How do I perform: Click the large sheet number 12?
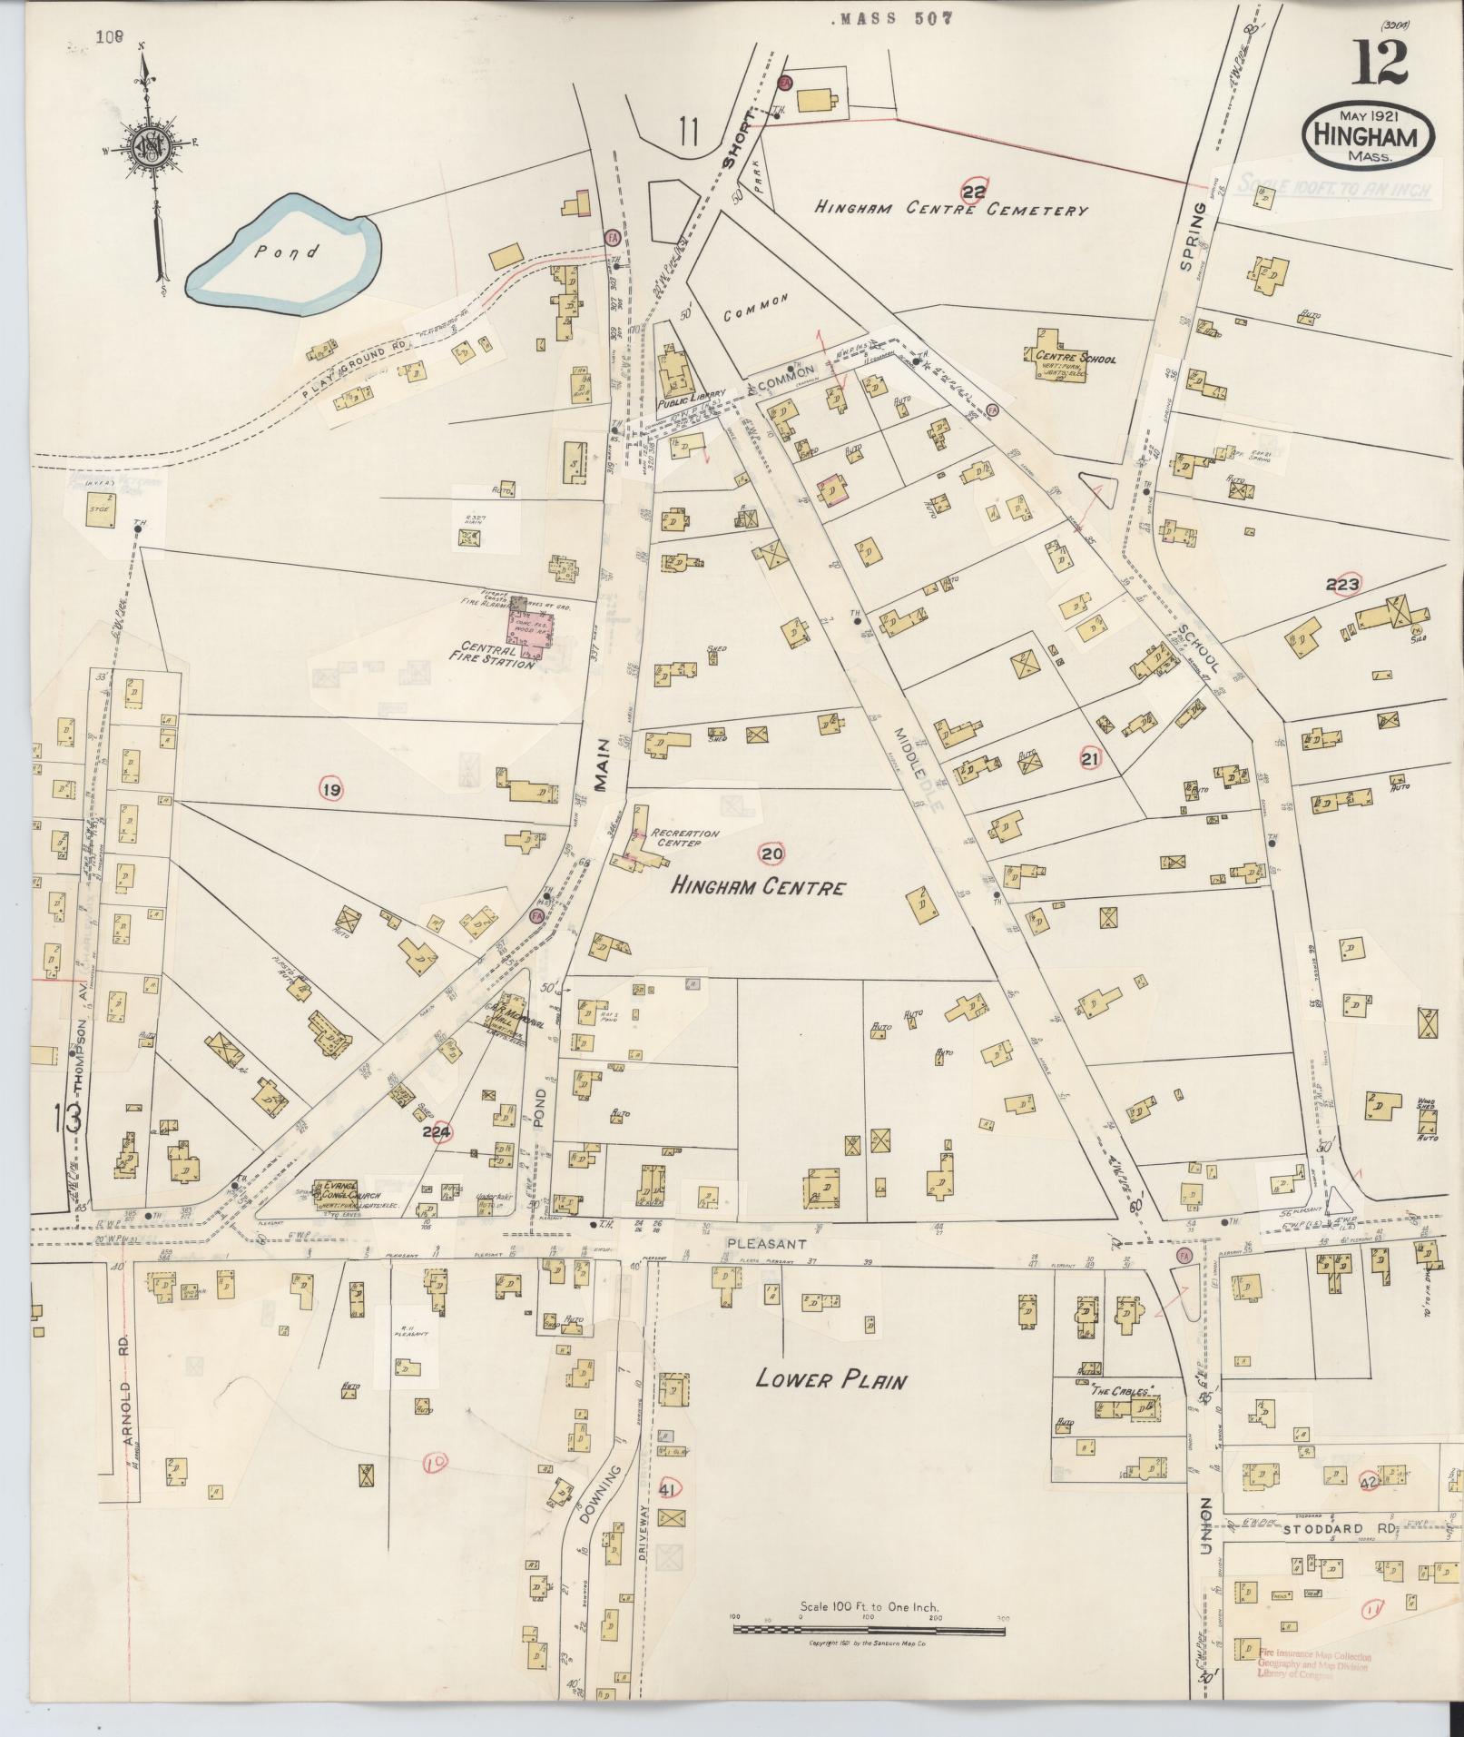coord(1382,63)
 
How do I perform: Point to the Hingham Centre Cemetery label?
coord(950,209)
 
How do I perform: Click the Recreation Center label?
coord(688,837)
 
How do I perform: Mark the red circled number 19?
coord(331,791)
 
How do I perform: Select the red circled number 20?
coord(772,853)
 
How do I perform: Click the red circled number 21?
coord(1091,757)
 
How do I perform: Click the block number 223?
coord(1341,584)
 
